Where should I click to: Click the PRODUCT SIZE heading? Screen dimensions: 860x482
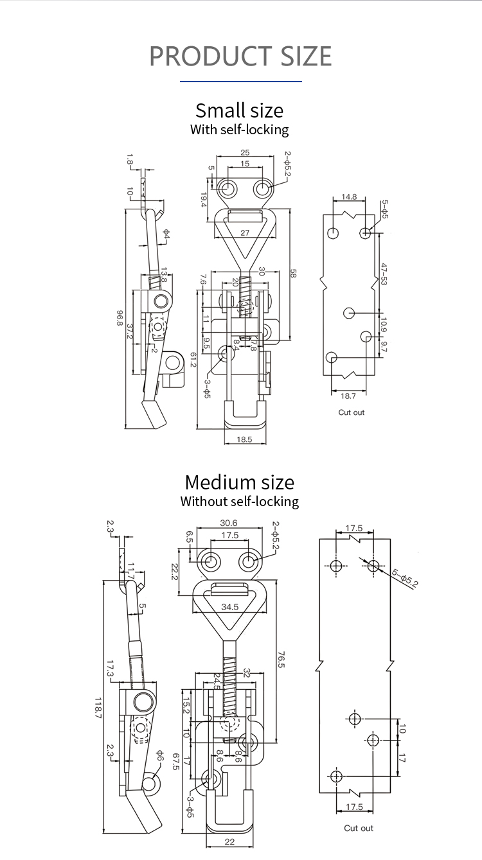click(x=240, y=57)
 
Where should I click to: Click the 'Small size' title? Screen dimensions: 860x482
click(x=239, y=110)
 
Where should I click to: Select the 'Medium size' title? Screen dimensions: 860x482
click(x=239, y=482)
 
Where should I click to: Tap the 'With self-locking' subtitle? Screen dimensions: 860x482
click(x=239, y=129)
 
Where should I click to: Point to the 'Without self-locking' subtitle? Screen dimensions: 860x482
click(x=239, y=501)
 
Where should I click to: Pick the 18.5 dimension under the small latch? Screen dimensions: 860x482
click(x=244, y=439)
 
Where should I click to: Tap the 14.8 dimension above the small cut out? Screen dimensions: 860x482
click(x=349, y=197)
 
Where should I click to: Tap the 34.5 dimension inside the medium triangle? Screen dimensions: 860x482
click(x=229, y=606)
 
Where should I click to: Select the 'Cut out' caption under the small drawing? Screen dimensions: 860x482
click(x=351, y=412)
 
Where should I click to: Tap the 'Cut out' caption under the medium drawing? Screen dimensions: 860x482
click(x=358, y=828)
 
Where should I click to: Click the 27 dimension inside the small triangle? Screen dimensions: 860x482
click(x=245, y=233)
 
